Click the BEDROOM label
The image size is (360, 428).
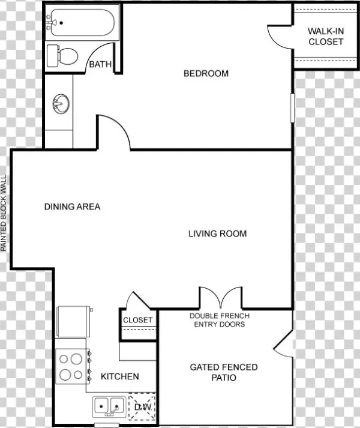(x=206, y=73)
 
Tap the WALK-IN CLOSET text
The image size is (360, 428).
(x=326, y=36)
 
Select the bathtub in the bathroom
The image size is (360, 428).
(x=81, y=23)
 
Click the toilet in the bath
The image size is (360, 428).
(x=62, y=56)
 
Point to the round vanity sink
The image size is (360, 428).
(x=61, y=104)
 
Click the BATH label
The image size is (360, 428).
(x=100, y=64)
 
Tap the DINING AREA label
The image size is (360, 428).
(x=73, y=206)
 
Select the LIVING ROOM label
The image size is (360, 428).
(x=218, y=234)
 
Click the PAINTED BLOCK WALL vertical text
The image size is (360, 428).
(x=3, y=213)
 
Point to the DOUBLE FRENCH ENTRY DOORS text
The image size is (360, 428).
(x=220, y=320)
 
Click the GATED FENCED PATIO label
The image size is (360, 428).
(x=224, y=372)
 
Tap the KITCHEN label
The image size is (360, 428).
(x=120, y=377)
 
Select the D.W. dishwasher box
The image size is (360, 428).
(x=142, y=407)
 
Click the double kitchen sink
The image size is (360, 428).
(x=109, y=407)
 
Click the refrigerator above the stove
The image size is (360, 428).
(x=74, y=322)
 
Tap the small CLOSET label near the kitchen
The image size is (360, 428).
(x=138, y=320)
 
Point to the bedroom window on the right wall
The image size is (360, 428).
(x=292, y=108)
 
